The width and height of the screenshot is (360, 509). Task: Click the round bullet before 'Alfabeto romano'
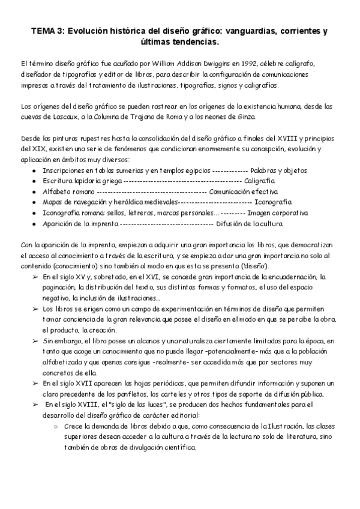(34, 191)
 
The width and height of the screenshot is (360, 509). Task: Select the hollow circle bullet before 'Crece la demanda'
(55, 427)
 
